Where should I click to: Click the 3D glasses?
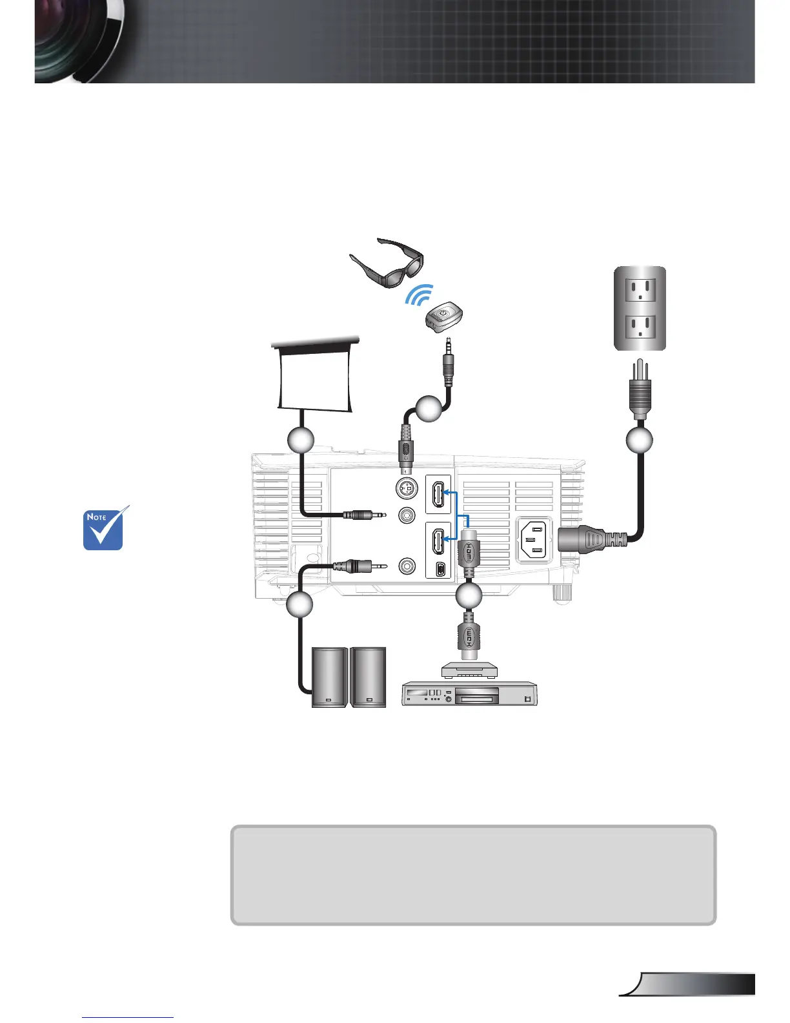coord(387,262)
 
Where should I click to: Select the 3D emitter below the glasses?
coord(443,318)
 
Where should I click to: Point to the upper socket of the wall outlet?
coord(639,289)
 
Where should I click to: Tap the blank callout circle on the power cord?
coord(639,440)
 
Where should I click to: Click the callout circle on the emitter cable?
coord(429,408)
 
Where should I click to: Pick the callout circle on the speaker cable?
coord(299,604)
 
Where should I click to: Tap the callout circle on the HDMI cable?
coord(469,596)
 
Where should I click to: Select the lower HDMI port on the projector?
coord(438,541)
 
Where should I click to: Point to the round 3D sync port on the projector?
coord(406,491)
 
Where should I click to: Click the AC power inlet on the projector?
coord(534,540)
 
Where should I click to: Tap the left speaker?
coord(329,677)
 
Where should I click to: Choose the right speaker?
coord(369,677)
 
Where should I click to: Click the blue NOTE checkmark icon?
coord(105,529)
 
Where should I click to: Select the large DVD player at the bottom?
coord(469,694)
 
